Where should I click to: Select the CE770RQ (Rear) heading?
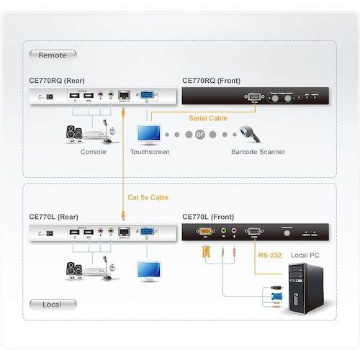[55, 81]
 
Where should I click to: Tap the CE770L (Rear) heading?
[53, 215]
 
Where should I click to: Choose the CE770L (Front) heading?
[208, 215]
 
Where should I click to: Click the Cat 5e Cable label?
[149, 197]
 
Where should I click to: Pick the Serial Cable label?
[207, 117]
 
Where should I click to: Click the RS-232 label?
[269, 254]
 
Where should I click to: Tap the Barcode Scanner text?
[258, 152]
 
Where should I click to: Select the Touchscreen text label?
[149, 152]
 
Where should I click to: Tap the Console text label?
[94, 152]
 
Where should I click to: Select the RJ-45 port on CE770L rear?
[124, 230]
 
